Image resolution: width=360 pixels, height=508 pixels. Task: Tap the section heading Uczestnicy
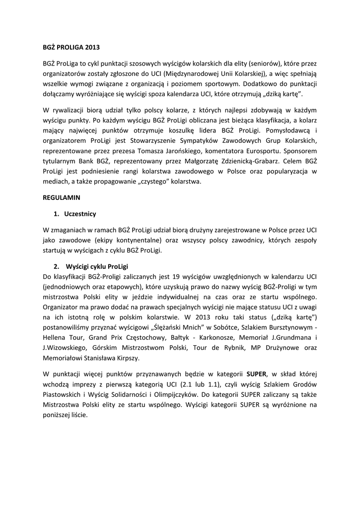[80, 214]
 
